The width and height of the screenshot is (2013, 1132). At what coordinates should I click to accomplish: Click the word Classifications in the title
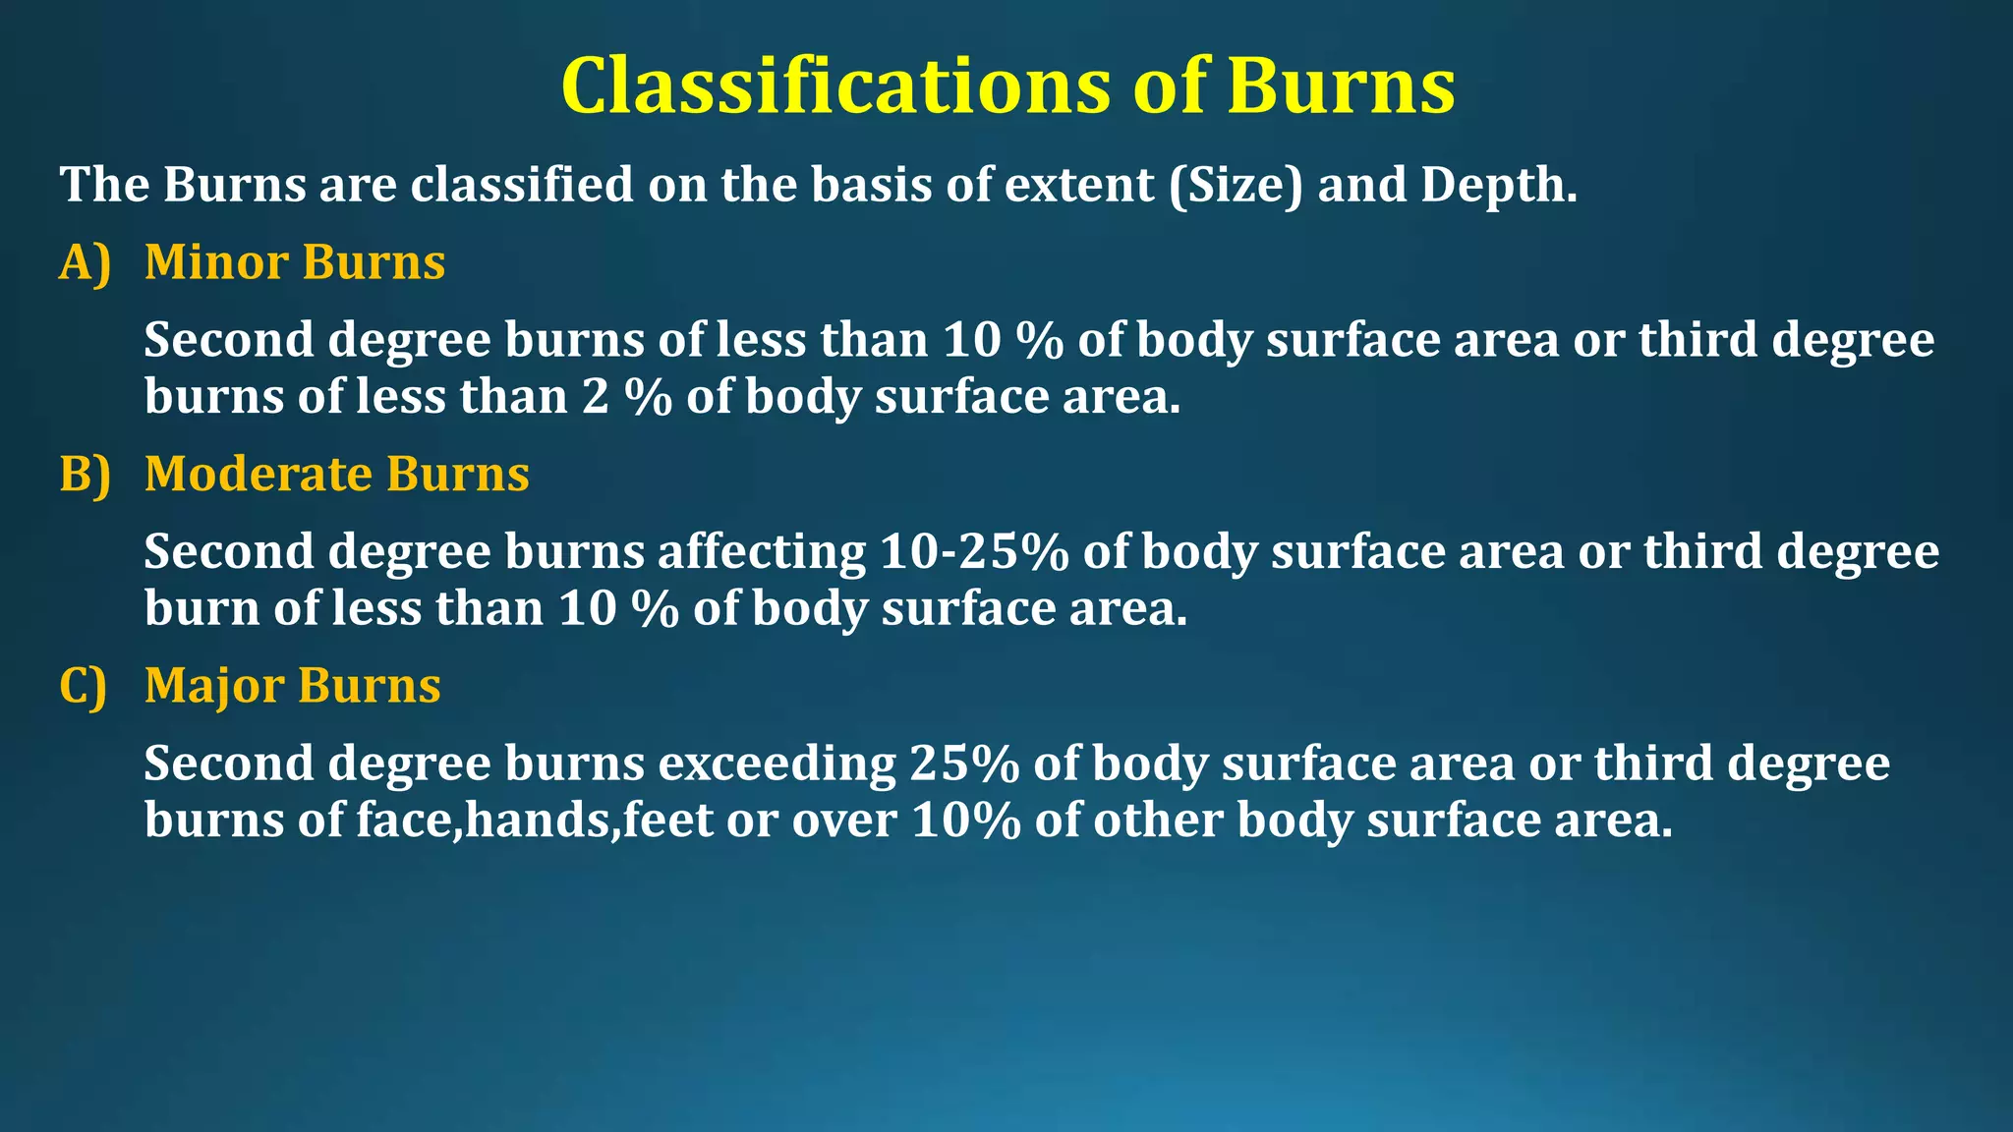[x=834, y=86]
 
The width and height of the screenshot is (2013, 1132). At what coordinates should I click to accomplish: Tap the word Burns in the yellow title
[x=1340, y=86]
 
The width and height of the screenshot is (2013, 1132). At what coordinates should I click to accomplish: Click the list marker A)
[x=85, y=263]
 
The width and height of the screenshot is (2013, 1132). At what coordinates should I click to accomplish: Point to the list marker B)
[x=85, y=475]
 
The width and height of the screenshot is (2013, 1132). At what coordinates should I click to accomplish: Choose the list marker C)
[x=84, y=686]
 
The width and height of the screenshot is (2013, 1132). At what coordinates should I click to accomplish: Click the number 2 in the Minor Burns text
[x=596, y=397]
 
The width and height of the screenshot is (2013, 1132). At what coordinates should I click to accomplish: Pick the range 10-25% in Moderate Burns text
[x=974, y=551]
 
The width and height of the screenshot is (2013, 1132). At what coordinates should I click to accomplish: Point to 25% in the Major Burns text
[x=964, y=764]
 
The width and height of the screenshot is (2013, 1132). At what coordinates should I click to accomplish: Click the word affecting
[x=762, y=551]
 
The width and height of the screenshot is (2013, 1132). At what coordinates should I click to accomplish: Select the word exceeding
[x=776, y=764]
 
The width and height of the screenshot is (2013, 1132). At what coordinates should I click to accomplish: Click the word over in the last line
[x=844, y=821]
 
